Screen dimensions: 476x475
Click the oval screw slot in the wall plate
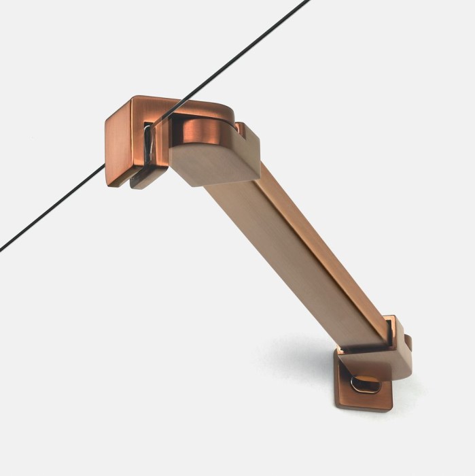tap(366, 384)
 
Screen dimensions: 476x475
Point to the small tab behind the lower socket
tap(406, 338)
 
